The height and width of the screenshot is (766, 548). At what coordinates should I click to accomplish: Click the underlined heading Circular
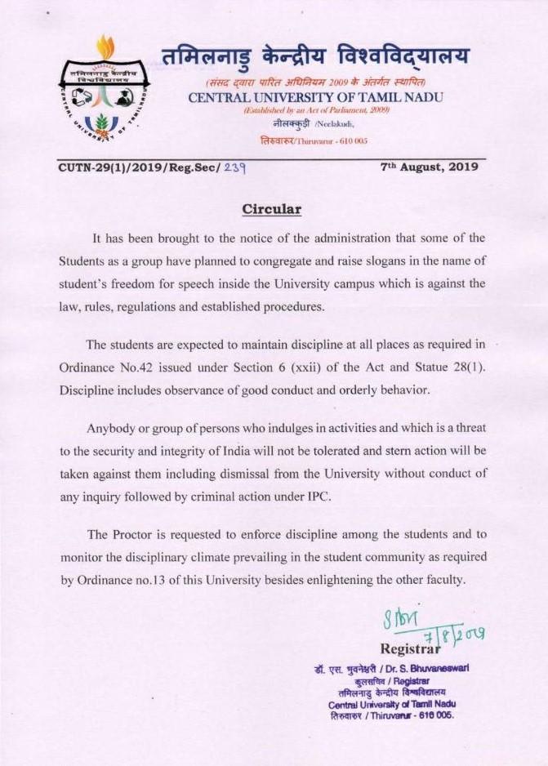(x=272, y=209)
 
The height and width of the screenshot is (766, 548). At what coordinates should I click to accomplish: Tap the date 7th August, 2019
(x=430, y=167)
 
